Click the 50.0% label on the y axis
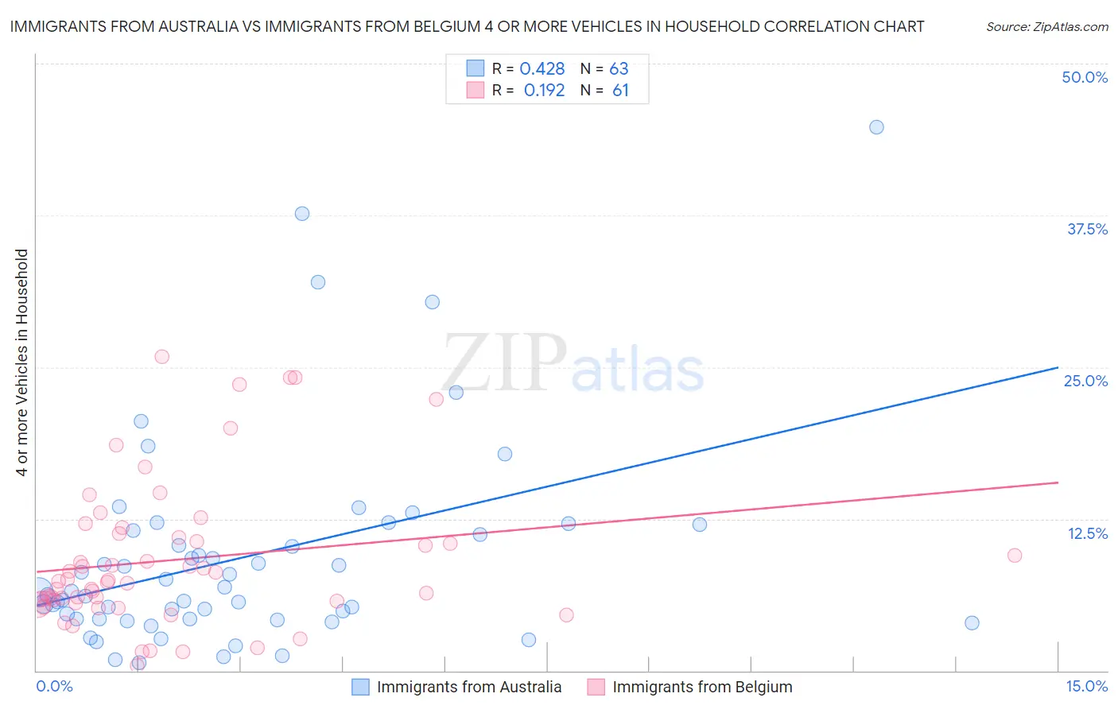pos(1085,77)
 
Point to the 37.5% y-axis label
pos(1087,229)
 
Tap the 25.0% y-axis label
pos(1085,381)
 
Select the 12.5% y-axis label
pos(1087,533)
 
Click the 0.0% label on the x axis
pos(54,686)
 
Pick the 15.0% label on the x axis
pos(1086,686)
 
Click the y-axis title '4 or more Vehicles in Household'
pos(22,362)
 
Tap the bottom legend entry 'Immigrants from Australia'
pos(468,687)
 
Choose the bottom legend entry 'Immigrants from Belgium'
pos(701,687)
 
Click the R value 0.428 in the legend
pos(542,69)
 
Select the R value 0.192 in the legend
pos(544,91)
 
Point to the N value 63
pos(619,69)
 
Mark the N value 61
pos(620,91)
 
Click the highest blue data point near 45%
pos(876,127)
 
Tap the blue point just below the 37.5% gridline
pos(302,214)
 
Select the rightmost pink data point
pos(1014,556)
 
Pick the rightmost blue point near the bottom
pos(972,623)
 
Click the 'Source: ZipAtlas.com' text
pos(1046,27)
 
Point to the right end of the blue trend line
pos(1058,367)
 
